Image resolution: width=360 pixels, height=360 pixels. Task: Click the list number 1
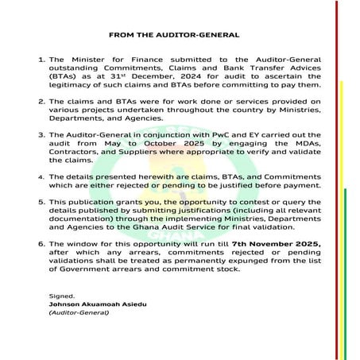41,60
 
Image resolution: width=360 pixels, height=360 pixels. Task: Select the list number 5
41,203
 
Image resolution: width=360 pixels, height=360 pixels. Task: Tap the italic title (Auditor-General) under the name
75,313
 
